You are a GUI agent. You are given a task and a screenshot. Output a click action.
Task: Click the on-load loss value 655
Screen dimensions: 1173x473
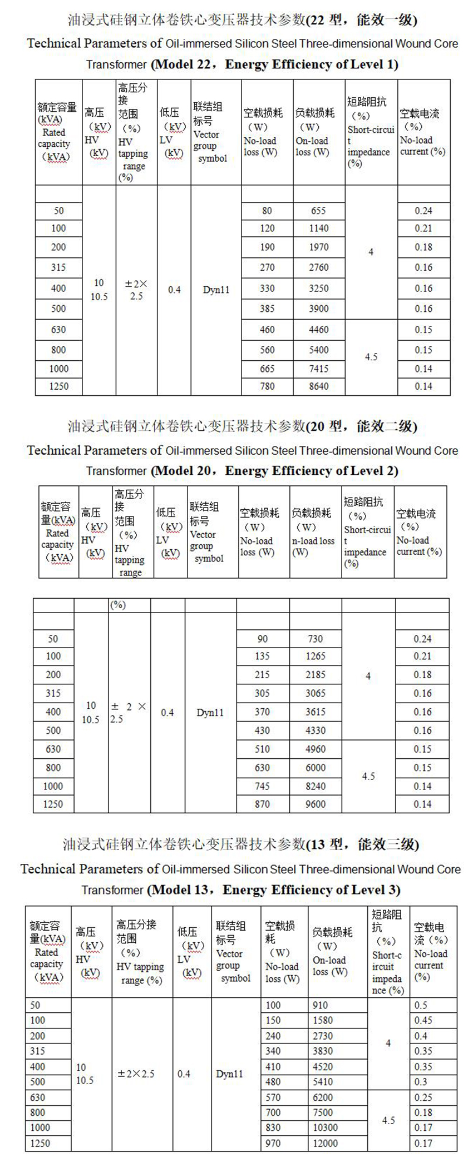[x=318, y=211]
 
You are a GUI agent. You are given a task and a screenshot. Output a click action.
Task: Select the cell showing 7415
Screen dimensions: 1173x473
[x=318, y=369]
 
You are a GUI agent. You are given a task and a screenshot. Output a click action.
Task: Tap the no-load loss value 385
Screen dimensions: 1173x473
[x=267, y=309]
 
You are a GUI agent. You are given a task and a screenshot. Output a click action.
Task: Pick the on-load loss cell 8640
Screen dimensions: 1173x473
[x=318, y=386]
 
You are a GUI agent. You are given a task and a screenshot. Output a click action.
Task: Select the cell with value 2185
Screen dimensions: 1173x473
[x=315, y=675]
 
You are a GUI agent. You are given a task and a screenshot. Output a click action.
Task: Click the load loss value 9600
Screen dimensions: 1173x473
[x=315, y=804]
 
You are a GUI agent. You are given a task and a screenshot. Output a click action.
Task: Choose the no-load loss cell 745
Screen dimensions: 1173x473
[x=262, y=786]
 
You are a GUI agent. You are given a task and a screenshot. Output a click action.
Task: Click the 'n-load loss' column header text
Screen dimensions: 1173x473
[x=313, y=541]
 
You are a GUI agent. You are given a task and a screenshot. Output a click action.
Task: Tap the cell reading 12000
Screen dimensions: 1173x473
[x=325, y=1143]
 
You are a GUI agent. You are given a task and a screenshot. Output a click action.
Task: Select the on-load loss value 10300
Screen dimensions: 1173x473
[x=325, y=1127]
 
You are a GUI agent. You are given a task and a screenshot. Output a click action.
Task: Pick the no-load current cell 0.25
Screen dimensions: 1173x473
[x=423, y=1097]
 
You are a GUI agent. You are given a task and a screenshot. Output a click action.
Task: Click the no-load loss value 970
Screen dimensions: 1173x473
[x=273, y=1143]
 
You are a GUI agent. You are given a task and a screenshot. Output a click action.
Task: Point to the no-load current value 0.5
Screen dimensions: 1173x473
[x=421, y=1005]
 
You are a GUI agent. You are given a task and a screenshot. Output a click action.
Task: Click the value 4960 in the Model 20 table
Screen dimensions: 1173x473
[x=315, y=749]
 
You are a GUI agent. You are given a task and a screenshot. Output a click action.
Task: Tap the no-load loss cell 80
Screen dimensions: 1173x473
[x=267, y=211]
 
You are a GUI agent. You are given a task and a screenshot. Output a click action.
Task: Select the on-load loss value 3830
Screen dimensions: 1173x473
[x=323, y=1051]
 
